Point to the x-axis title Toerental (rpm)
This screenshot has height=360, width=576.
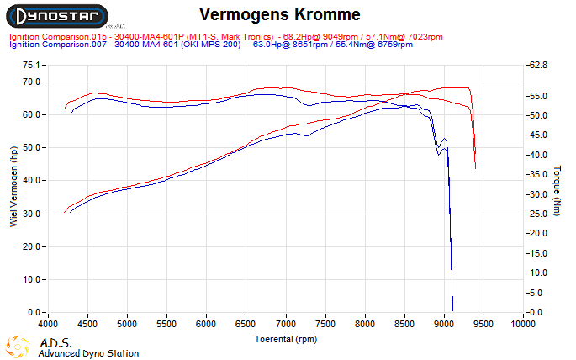pos(287,339)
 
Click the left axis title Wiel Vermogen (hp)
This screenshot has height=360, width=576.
pos(13,186)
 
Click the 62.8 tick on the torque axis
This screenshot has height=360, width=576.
pos(539,65)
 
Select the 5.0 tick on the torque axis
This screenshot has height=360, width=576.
pos(539,293)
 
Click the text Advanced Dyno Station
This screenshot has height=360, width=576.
pos(88,354)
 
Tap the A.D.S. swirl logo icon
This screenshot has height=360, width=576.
pos(19,346)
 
